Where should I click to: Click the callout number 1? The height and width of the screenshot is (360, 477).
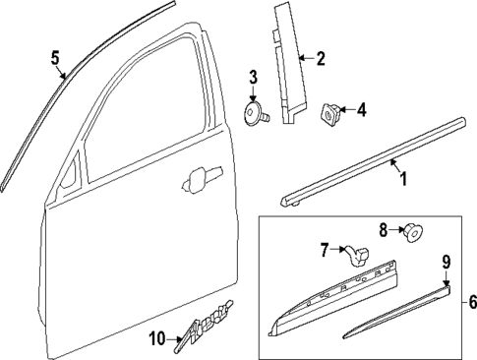[x=400, y=178]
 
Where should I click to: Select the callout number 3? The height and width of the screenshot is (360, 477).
[x=253, y=77]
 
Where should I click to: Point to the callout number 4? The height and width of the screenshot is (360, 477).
[x=361, y=110]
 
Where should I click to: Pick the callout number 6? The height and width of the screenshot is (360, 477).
[x=470, y=303]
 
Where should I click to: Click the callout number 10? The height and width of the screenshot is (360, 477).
[x=156, y=338]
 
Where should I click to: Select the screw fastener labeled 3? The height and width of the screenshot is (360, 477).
[x=258, y=113]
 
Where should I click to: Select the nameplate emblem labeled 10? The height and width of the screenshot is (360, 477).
[x=204, y=330]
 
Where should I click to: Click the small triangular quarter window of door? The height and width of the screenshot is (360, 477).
[x=71, y=180]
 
